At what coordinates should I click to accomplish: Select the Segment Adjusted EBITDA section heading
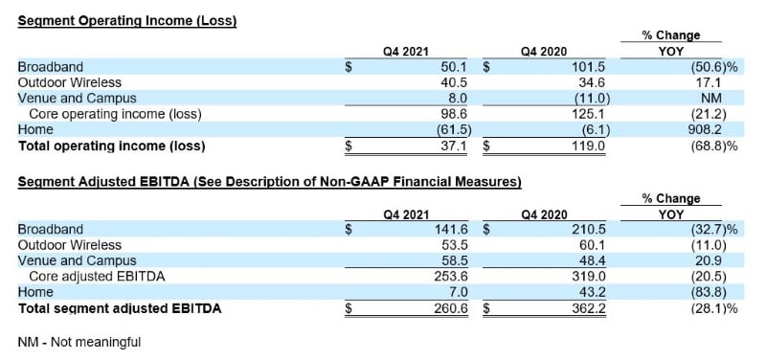click(x=269, y=182)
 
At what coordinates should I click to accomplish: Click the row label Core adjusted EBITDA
click(x=98, y=277)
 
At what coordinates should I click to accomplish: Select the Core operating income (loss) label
click(x=116, y=114)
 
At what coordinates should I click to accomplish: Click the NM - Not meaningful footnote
click(x=79, y=342)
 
